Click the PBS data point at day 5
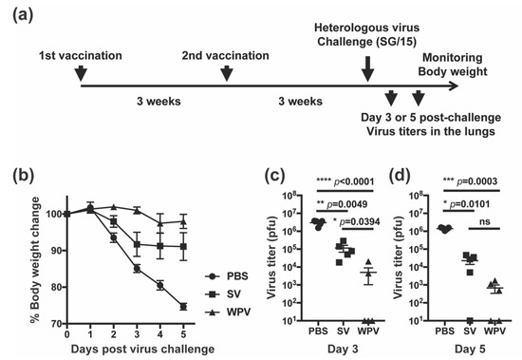pos(181,307)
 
